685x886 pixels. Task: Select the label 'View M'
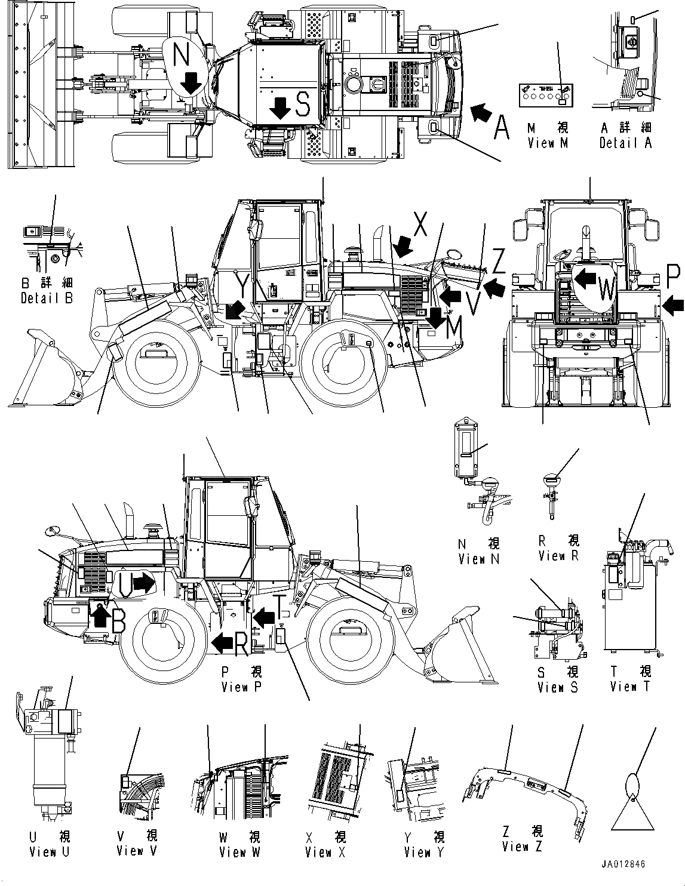tap(548, 143)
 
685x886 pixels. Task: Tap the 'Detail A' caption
tap(625, 143)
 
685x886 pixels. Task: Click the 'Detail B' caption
tap(47, 298)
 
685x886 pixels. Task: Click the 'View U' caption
tap(49, 852)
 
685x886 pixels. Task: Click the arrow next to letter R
tap(222, 643)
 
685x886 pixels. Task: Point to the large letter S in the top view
tap(303, 104)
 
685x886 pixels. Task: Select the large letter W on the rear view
tap(606, 290)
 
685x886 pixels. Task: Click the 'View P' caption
tap(241, 687)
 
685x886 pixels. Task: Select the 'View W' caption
tap(239, 852)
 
